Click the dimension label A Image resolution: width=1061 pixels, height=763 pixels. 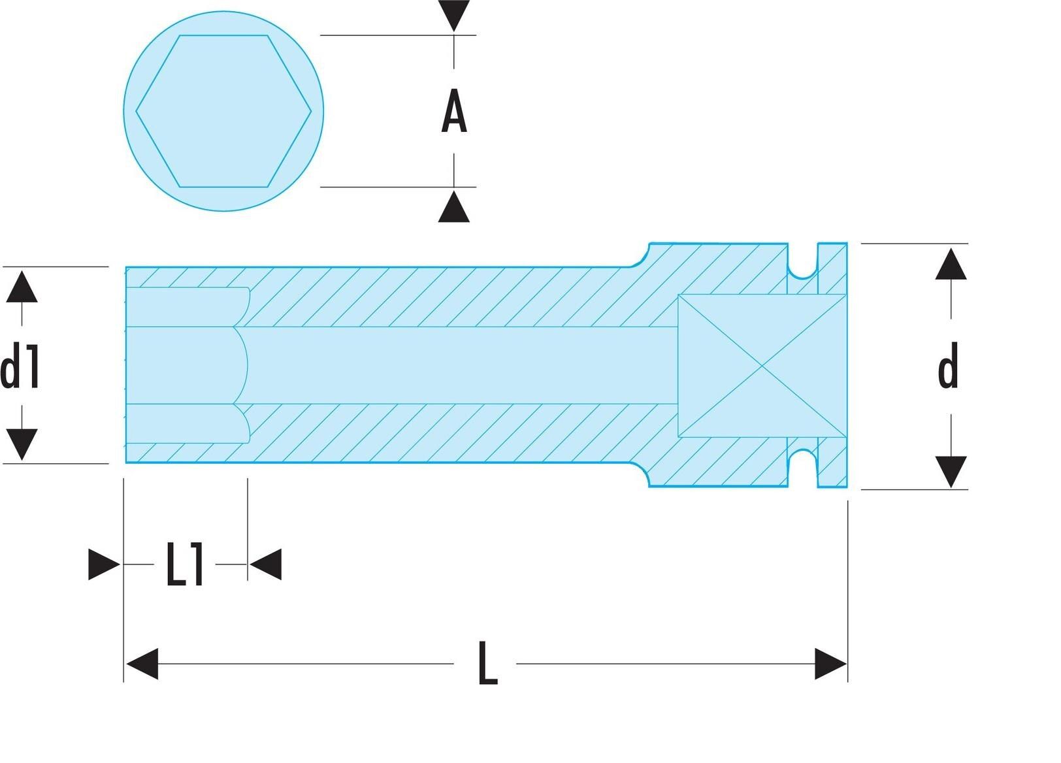(x=454, y=112)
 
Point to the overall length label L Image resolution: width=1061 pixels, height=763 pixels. (x=487, y=664)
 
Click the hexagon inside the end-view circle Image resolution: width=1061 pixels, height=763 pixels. (x=223, y=111)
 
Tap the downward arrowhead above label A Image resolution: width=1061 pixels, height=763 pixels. (x=454, y=16)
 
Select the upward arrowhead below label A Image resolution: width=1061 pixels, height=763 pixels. (x=454, y=207)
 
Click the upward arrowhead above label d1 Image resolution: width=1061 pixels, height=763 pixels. (x=22, y=287)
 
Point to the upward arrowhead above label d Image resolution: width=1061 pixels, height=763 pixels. (x=951, y=264)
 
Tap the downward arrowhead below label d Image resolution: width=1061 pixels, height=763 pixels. (x=951, y=471)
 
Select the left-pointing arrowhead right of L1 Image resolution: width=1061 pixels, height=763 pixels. (x=266, y=564)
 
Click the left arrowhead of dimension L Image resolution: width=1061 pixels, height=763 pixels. (x=142, y=664)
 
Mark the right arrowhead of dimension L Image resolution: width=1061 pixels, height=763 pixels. (x=830, y=664)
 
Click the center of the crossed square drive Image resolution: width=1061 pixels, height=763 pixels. (x=762, y=366)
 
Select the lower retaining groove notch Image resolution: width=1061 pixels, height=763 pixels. (x=802, y=468)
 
